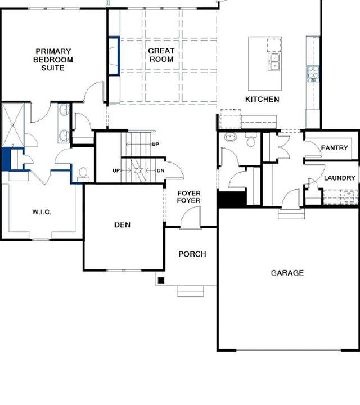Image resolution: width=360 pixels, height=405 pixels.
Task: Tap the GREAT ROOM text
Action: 161,55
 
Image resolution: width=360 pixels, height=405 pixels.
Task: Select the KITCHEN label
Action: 262,99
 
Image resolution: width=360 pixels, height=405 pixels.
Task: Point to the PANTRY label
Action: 335,147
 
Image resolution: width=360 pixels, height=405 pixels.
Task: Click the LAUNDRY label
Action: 340,178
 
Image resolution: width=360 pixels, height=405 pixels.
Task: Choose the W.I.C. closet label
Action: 42,212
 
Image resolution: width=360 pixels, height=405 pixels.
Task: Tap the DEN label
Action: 122,225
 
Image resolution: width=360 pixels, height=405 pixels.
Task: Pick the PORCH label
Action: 192,254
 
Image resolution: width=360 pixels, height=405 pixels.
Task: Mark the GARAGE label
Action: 287,273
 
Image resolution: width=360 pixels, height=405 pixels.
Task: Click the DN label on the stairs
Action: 160,170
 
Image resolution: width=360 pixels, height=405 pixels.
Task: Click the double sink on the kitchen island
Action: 275,61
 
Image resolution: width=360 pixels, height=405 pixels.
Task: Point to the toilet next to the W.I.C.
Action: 83,173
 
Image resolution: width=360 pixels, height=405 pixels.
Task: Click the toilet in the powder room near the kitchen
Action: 250,141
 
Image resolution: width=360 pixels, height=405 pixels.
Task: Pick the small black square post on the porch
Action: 161,280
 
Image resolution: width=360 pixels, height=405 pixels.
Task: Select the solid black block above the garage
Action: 232,199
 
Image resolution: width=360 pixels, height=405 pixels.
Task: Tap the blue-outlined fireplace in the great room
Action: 114,56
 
